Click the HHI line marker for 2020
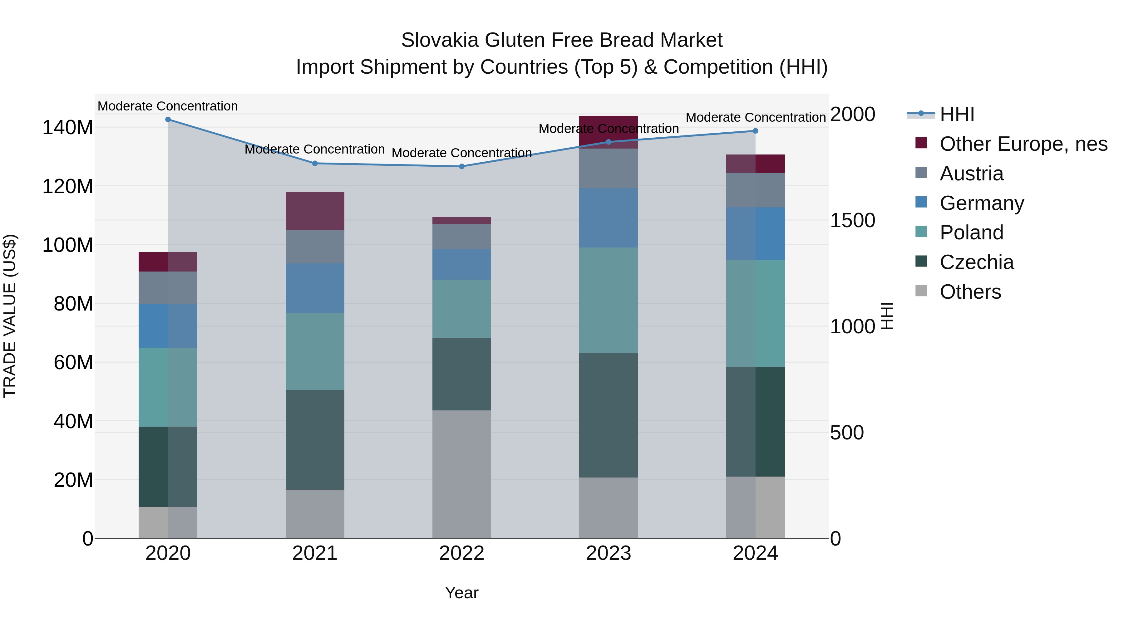pos(168,120)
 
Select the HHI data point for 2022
pos(462,166)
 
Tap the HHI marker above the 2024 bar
pos(755,131)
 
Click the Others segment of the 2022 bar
pos(462,474)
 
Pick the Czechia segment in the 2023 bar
pos(608,415)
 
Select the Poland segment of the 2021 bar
pos(315,351)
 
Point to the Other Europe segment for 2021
pos(315,211)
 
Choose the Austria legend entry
pos(971,174)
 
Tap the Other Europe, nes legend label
pos(1023,144)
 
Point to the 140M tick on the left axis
pos(68,127)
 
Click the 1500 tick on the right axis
pos(852,220)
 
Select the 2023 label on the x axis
pos(608,553)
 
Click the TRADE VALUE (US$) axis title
pos(10,316)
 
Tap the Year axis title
pos(462,593)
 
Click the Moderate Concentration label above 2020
pos(168,106)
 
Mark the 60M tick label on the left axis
pos(73,362)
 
